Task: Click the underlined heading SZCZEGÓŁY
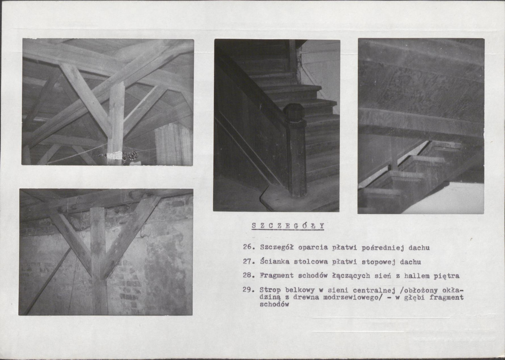(x=288, y=226)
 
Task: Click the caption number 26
(x=248, y=247)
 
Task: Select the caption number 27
(x=248, y=261)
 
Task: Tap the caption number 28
(x=248, y=276)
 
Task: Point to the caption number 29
(x=248, y=290)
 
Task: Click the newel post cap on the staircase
(x=294, y=112)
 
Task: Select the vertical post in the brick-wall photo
(x=99, y=261)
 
